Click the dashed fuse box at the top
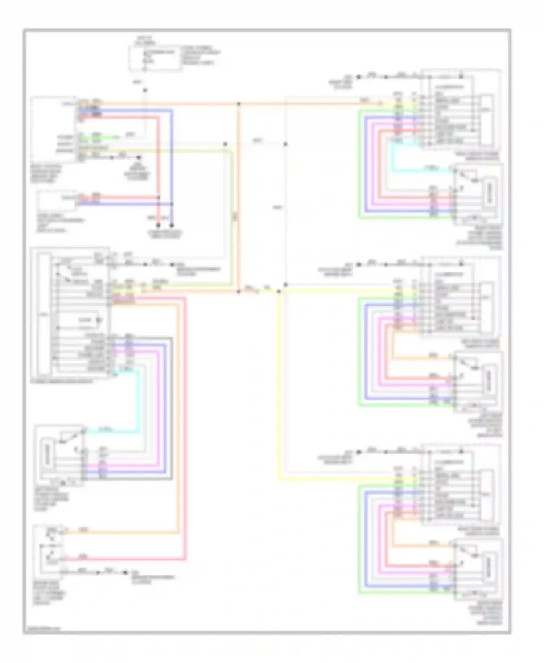point(155,58)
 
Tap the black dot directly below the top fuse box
point(144,90)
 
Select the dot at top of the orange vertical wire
point(239,104)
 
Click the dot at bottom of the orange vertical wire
point(239,291)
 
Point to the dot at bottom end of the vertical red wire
point(158,225)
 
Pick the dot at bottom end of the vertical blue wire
point(172,225)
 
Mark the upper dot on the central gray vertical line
point(285,144)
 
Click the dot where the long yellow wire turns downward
point(279,291)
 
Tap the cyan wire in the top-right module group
point(392,160)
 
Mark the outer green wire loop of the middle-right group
point(359,352)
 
